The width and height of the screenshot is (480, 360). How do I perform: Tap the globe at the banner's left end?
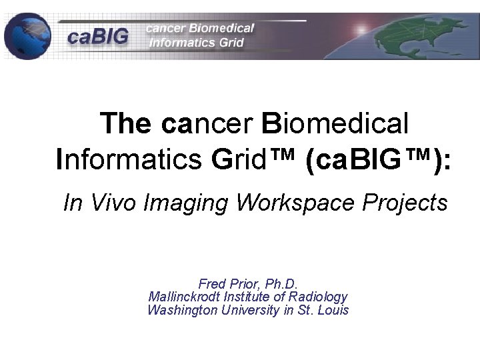pos(27,36)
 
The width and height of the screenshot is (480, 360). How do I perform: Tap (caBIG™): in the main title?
pos(377,160)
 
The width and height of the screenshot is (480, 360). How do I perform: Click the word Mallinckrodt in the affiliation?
pos(181,297)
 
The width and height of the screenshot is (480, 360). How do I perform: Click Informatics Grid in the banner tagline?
pos(198,43)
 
